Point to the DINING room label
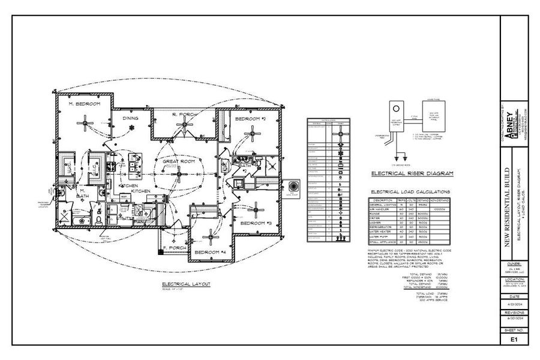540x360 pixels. tap(131, 118)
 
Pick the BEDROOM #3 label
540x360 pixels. tap(256, 223)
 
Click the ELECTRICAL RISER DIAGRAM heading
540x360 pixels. tap(412, 173)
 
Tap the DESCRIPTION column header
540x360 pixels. tap(382, 200)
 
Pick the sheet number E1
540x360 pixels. tap(514, 339)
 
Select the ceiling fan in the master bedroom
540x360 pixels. tap(87, 125)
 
